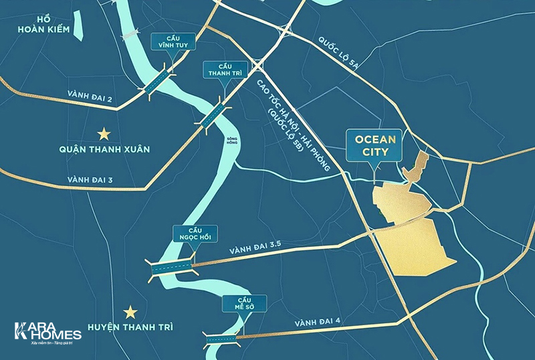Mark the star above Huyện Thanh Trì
point(130,311)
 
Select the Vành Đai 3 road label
point(91,180)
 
